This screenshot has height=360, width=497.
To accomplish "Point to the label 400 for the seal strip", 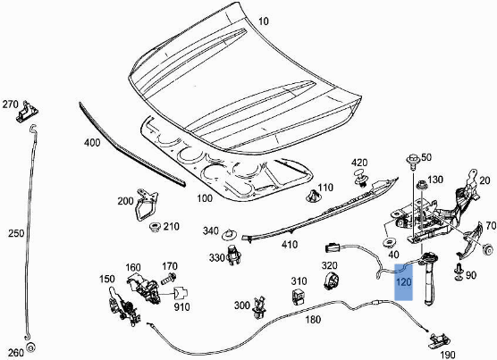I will (92, 143).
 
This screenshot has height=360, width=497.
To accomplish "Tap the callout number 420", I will (359, 163).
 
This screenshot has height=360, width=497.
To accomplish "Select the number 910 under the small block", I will (182, 308).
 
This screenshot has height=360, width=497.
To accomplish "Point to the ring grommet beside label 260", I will (31, 347).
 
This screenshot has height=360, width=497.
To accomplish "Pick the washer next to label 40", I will (390, 242).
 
